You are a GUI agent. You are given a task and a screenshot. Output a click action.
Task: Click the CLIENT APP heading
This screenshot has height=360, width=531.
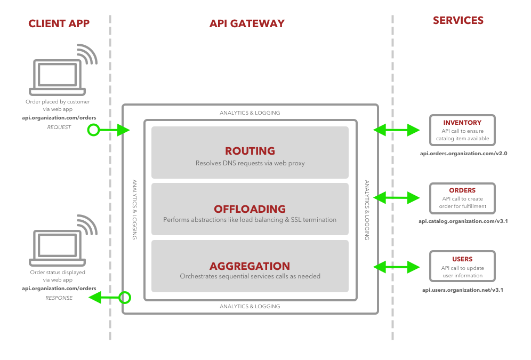[x=59, y=23]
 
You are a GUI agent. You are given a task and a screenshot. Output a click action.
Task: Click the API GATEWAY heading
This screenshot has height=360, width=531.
[x=247, y=23]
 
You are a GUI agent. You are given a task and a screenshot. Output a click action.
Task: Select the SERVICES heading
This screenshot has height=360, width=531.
[x=458, y=21]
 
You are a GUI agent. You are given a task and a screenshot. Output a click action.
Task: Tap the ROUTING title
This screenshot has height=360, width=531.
[x=250, y=151]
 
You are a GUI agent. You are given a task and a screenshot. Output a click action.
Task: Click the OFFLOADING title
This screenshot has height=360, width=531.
[x=250, y=209]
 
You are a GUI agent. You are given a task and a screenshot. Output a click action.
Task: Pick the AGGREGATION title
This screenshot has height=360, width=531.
[x=250, y=266]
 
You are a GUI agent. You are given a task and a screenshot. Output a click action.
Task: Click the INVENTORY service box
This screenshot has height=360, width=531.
[x=462, y=130]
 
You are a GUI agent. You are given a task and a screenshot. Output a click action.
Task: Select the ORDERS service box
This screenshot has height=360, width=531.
[x=462, y=198]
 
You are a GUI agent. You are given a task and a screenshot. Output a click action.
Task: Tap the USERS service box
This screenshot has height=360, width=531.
[x=462, y=266]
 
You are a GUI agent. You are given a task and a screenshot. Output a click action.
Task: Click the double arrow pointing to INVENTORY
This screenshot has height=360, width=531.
[x=397, y=130]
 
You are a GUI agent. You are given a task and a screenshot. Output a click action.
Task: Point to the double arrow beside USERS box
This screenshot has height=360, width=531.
[x=397, y=266]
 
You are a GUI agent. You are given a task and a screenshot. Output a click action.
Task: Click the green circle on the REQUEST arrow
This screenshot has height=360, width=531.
[x=94, y=130]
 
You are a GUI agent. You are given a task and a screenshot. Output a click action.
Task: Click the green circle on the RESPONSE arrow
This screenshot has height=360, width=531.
[x=125, y=297]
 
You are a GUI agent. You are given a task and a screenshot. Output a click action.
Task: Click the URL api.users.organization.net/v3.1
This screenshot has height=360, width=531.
[x=463, y=290]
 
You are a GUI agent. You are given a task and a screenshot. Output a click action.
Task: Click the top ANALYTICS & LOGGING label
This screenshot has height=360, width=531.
[x=250, y=113]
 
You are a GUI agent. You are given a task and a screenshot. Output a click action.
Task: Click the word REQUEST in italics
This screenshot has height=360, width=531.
[x=59, y=127]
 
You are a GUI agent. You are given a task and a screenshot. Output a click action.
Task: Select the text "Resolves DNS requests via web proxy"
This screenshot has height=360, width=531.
[x=250, y=163]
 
